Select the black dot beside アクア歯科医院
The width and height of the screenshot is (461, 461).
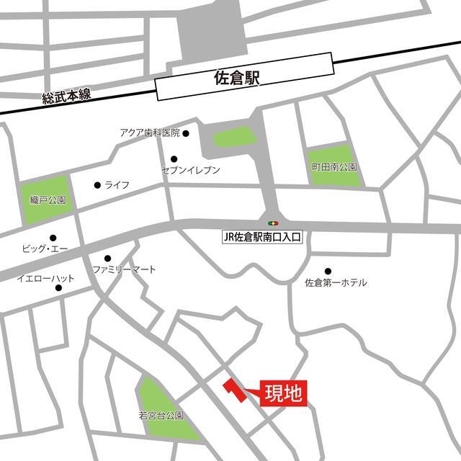pos(185,133)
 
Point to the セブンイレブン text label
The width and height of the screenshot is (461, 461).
pos(191,170)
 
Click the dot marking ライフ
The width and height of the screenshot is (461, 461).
pos(97,185)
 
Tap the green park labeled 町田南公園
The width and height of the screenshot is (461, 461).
pos(333,166)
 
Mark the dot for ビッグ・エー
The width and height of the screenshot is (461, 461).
pos(53,238)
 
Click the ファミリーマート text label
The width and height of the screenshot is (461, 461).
pos(124,269)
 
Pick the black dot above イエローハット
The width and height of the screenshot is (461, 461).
pos(58,288)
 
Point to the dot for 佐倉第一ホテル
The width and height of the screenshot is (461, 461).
pos(328,272)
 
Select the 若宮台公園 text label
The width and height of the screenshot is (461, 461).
pos(161,416)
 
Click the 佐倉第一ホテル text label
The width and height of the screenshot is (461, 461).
pos(336,283)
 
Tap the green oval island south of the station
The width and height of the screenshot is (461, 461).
pos(233,137)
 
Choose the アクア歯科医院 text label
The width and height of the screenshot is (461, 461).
pos(149,133)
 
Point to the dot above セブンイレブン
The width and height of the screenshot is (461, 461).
pos(174,159)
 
